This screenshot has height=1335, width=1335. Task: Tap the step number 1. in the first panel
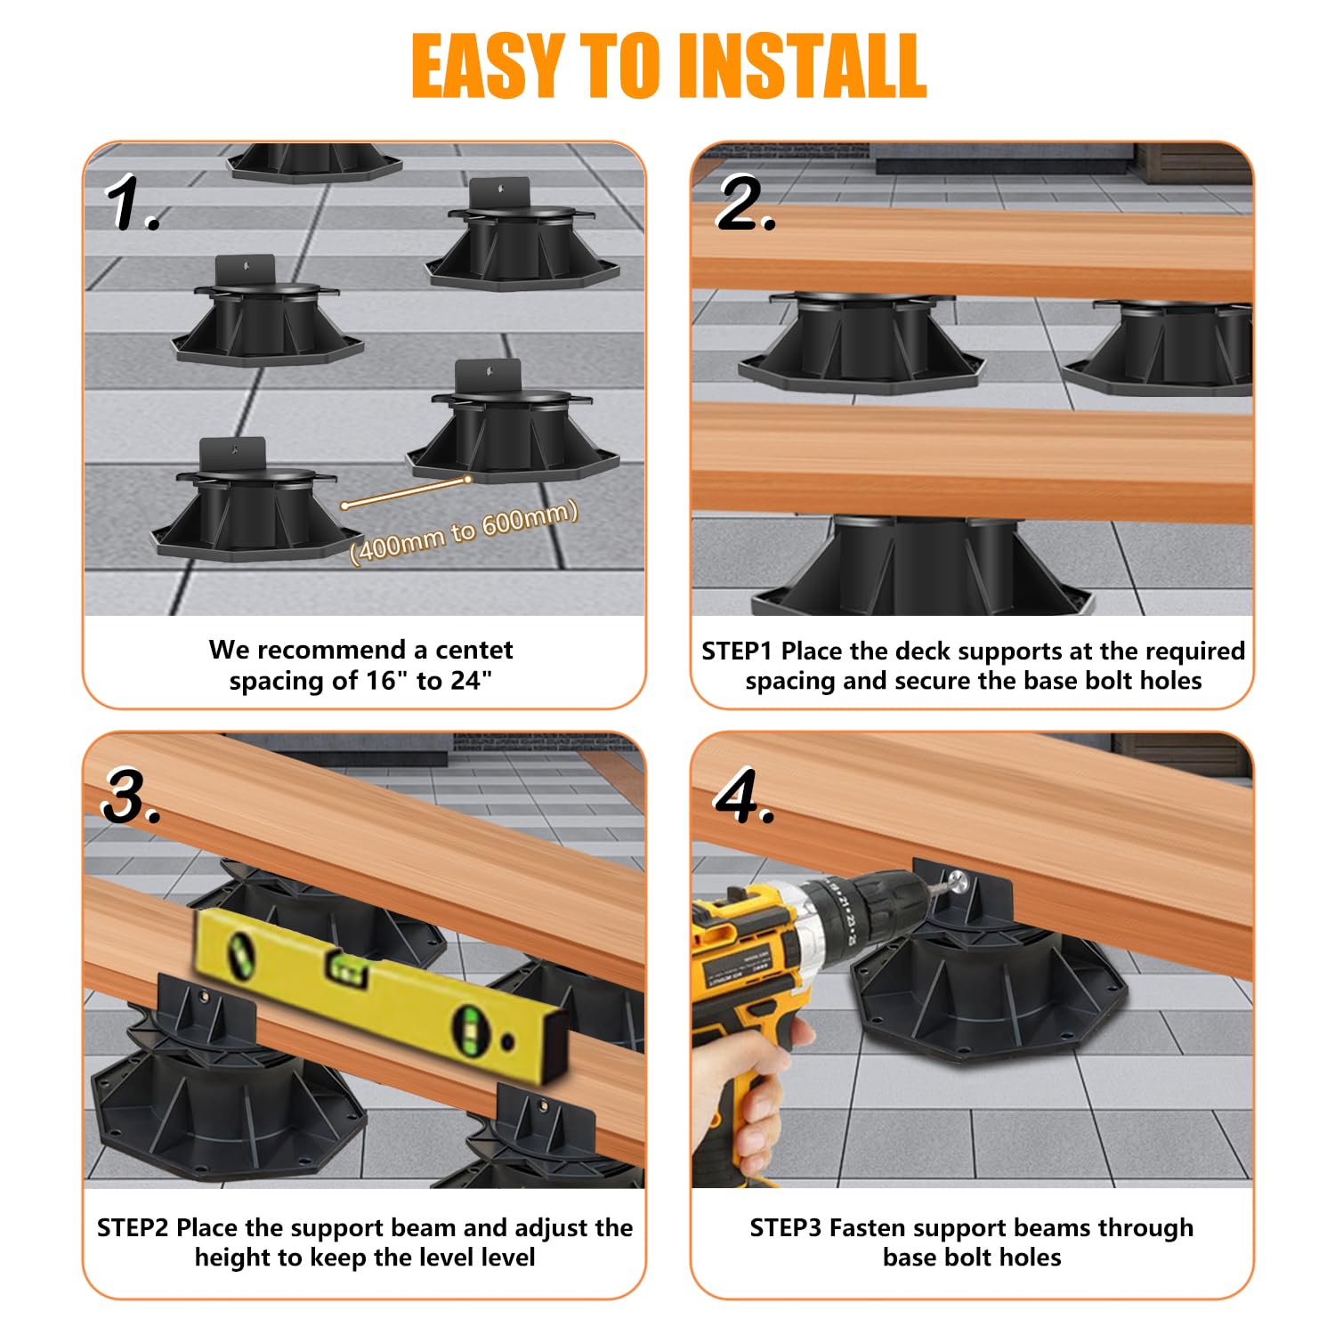tap(133, 204)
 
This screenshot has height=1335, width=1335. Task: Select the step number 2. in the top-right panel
tap(746, 204)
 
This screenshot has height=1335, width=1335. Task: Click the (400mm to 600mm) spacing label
tap(464, 531)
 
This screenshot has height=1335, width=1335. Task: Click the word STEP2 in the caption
tap(133, 1228)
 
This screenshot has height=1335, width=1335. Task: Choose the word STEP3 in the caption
tap(785, 1228)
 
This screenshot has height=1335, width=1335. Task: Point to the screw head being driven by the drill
tap(957, 883)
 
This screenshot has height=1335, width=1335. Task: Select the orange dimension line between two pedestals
tap(406, 492)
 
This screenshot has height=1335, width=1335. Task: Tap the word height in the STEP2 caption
tap(231, 1258)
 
